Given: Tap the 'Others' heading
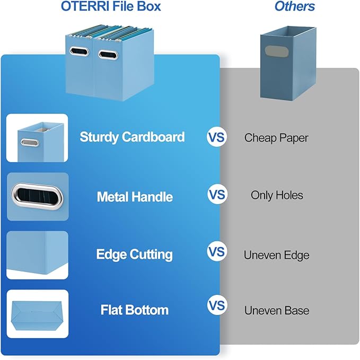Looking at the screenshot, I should click(x=294, y=7).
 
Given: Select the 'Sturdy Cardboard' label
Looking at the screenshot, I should click(x=132, y=137).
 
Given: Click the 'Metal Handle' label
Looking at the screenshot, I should click(x=135, y=197).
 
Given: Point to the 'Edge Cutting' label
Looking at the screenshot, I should click(x=134, y=254).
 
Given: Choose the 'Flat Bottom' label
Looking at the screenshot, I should click(x=135, y=310).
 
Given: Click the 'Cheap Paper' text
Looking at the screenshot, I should click(x=276, y=138).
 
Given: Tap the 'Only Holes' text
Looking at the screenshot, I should click(x=277, y=196).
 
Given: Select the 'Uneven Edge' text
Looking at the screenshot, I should click(x=276, y=255).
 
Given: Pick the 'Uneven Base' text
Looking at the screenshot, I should click(x=276, y=311).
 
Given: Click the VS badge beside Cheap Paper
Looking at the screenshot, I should click(x=216, y=137).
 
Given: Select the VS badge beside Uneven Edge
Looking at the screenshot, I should click(x=216, y=251).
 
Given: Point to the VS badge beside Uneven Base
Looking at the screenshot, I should click(x=216, y=306).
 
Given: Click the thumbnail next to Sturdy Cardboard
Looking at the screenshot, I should click(x=37, y=138).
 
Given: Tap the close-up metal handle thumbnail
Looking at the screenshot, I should click(x=37, y=196).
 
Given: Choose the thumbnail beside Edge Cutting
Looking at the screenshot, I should click(x=37, y=255).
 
